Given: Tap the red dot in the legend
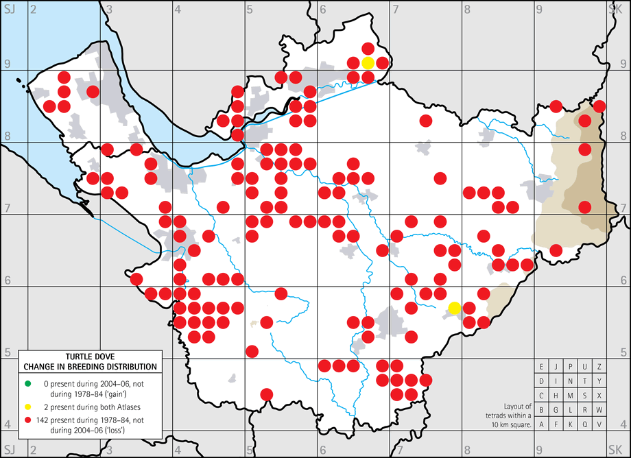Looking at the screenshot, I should (27, 420).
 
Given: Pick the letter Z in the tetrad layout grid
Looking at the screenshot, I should (599, 367).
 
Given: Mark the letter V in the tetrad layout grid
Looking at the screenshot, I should (599, 424).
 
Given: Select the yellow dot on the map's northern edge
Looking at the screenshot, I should (368, 63).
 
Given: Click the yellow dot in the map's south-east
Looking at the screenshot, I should (454, 307).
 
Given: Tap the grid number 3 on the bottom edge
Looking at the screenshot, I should (110, 448).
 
